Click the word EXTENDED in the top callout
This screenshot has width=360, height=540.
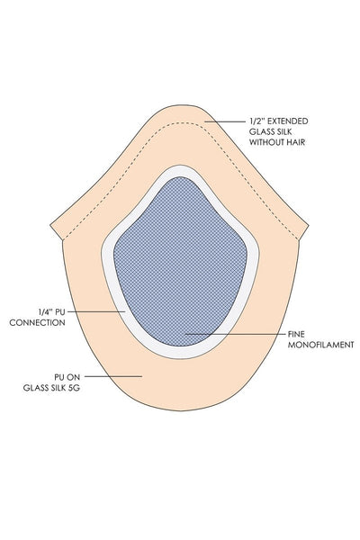coord(288,121)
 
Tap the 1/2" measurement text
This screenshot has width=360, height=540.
coord(257,121)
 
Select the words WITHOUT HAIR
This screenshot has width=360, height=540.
coord(277,142)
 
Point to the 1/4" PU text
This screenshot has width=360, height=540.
coord(51,312)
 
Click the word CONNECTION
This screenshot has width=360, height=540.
coord(37,323)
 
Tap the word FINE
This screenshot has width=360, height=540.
coord(296,334)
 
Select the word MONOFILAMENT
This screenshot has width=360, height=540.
coord(320,345)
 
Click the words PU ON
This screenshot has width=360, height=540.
coord(67,377)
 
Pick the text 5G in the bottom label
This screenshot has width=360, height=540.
coord(74,388)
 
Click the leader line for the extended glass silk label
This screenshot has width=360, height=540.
coord(225,121)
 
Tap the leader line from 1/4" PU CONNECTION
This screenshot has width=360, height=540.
coord(96,311)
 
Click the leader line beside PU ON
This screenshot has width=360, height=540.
coord(113,376)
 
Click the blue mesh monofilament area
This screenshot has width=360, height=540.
coord(180,262)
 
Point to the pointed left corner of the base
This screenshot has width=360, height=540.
coord(50,226)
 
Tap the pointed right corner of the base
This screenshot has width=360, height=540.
coord(309,226)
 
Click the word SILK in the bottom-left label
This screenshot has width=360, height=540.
coord(58,388)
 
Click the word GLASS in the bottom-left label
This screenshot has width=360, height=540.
coord(36,388)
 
